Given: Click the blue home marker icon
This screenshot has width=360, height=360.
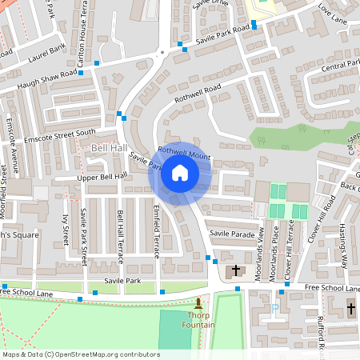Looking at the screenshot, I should pyautogui.click(x=180, y=173).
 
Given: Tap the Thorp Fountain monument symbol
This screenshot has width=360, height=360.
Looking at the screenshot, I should pyautogui.click(x=198, y=303).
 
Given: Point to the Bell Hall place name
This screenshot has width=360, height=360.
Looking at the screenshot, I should pyautogui.click(x=109, y=149).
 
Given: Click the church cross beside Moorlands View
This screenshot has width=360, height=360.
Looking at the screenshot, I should pyautogui.click(x=236, y=271).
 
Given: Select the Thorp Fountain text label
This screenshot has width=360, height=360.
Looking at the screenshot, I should pyautogui.click(x=198, y=319).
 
